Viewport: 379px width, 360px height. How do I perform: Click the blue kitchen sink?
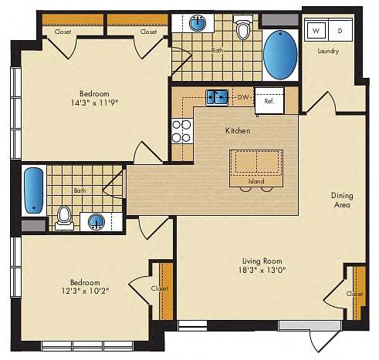point(215,97)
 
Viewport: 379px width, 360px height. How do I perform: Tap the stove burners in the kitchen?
point(181,131)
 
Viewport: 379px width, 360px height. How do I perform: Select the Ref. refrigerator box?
point(269,101)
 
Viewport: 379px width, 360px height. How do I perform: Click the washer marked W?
point(316,30)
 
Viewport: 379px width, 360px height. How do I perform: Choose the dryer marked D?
point(340,30)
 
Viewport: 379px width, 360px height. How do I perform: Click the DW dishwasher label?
point(242,97)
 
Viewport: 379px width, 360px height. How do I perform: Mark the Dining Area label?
point(341,200)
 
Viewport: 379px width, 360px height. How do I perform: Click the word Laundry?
point(329,51)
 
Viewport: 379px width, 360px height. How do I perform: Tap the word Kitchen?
point(238,131)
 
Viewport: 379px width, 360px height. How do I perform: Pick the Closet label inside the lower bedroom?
point(160,288)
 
